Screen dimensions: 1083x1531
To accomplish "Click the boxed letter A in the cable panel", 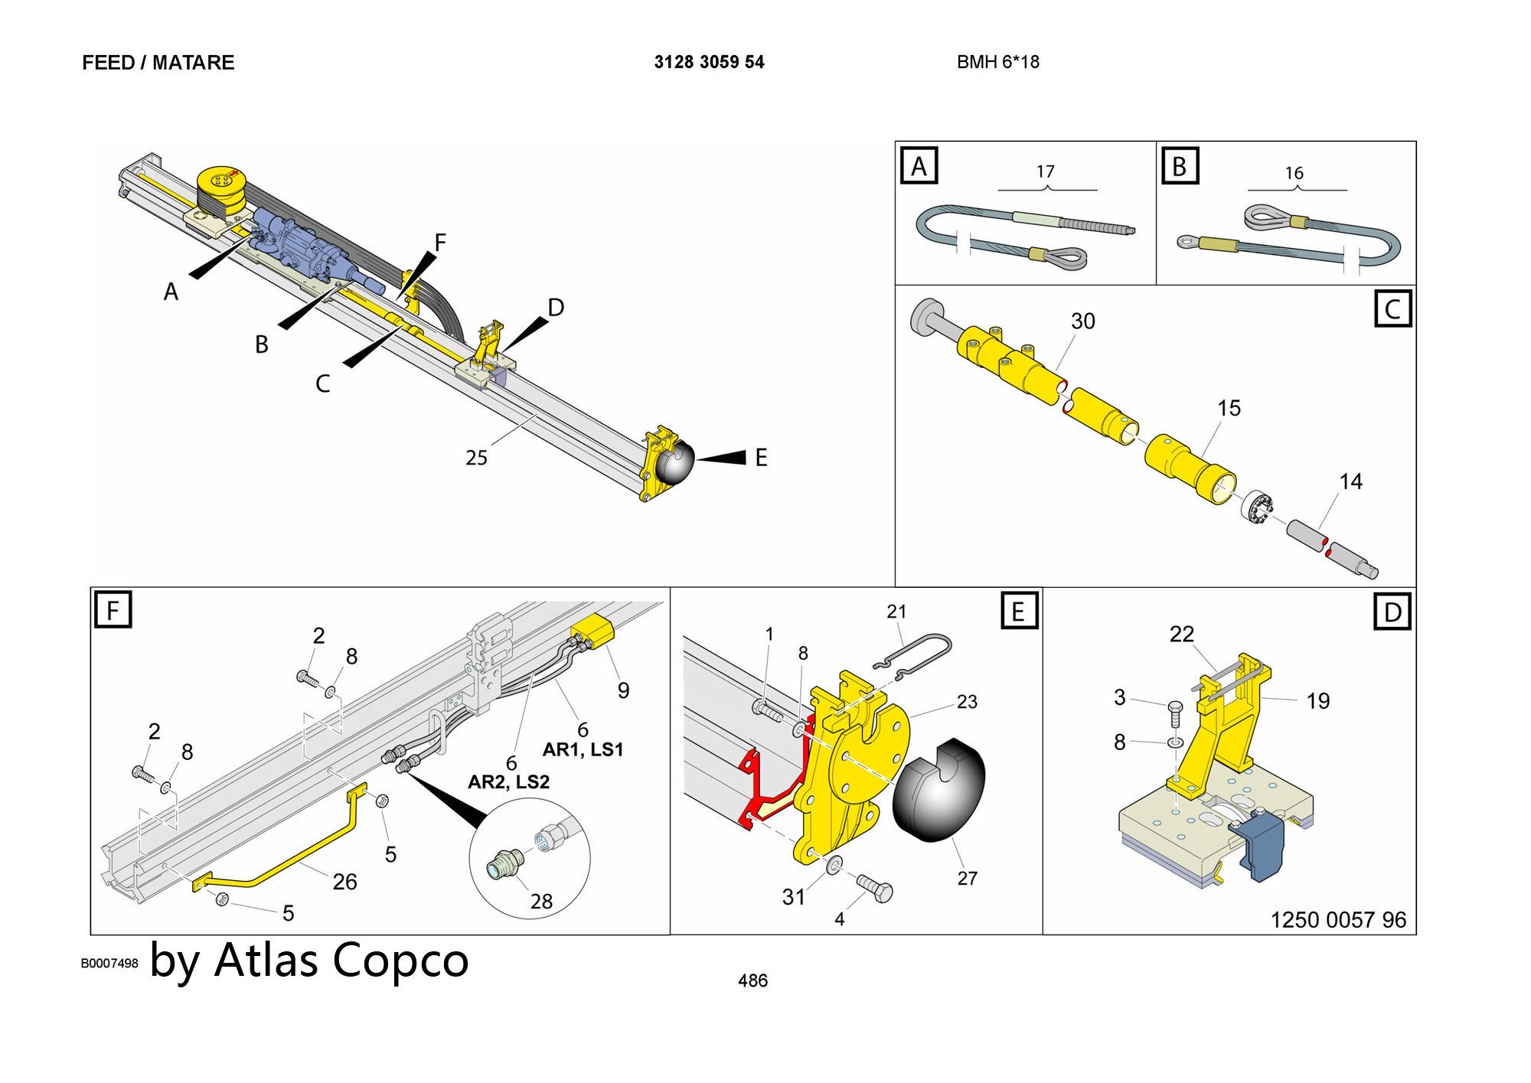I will click(x=919, y=166).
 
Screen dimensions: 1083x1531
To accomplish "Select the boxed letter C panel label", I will click(x=1392, y=309).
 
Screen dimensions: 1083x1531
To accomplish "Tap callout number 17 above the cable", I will click(x=1046, y=171).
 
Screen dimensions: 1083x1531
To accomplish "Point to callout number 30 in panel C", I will click(x=1082, y=321).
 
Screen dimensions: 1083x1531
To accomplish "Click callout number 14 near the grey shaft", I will click(x=1350, y=481).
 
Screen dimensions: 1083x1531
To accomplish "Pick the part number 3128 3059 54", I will click(x=709, y=62).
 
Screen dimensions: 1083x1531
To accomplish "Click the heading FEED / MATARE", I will click(x=158, y=63).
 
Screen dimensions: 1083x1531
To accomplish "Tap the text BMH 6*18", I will click(x=997, y=62).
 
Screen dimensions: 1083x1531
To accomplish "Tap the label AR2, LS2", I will click(x=508, y=781).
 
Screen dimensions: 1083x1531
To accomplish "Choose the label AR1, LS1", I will click(x=583, y=749).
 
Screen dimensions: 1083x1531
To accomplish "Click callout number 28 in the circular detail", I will click(x=541, y=901).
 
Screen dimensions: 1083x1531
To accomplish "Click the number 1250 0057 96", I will click(x=1338, y=919).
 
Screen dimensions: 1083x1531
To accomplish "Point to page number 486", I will click(x=752, y=980).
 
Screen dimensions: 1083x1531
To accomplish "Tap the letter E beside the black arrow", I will click(x=761, y=458).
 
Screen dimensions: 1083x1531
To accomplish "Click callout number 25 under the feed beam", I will click(x=476, y=458).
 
